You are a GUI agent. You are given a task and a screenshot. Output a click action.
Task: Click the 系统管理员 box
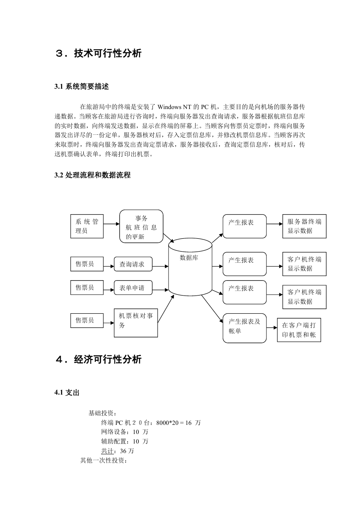coord(87,226)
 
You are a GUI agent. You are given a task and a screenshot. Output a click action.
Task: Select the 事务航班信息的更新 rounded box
coord(141,226)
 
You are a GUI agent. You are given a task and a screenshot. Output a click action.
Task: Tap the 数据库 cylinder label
coord(189,257)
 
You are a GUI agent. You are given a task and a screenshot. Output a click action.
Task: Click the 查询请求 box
coord(133,264)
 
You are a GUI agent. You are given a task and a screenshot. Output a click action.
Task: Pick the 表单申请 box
coord(133,288)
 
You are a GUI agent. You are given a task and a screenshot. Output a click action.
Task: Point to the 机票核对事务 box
coord(136,322)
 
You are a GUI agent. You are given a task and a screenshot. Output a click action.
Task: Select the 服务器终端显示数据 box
coord(304,226)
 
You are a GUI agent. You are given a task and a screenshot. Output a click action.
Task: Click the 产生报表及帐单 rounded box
coord(244,328)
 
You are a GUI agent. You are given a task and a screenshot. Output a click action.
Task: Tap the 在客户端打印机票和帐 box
coord(299,330)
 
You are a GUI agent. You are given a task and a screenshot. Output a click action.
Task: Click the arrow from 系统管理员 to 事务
coord(111,224)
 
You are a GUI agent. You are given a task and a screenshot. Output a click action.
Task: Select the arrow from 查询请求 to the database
coord(160,267)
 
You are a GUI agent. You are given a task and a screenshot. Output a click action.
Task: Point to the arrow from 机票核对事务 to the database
coord(166,309)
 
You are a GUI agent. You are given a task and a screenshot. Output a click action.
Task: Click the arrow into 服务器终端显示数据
coord(275,224)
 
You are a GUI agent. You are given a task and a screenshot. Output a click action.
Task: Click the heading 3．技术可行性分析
coord(98,53)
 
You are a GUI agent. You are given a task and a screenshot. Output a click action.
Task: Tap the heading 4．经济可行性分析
coord(98,359)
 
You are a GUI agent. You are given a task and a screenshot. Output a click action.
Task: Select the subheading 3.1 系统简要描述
coord(82,87)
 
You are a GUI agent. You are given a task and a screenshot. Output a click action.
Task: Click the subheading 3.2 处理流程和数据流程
coord(92,175)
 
